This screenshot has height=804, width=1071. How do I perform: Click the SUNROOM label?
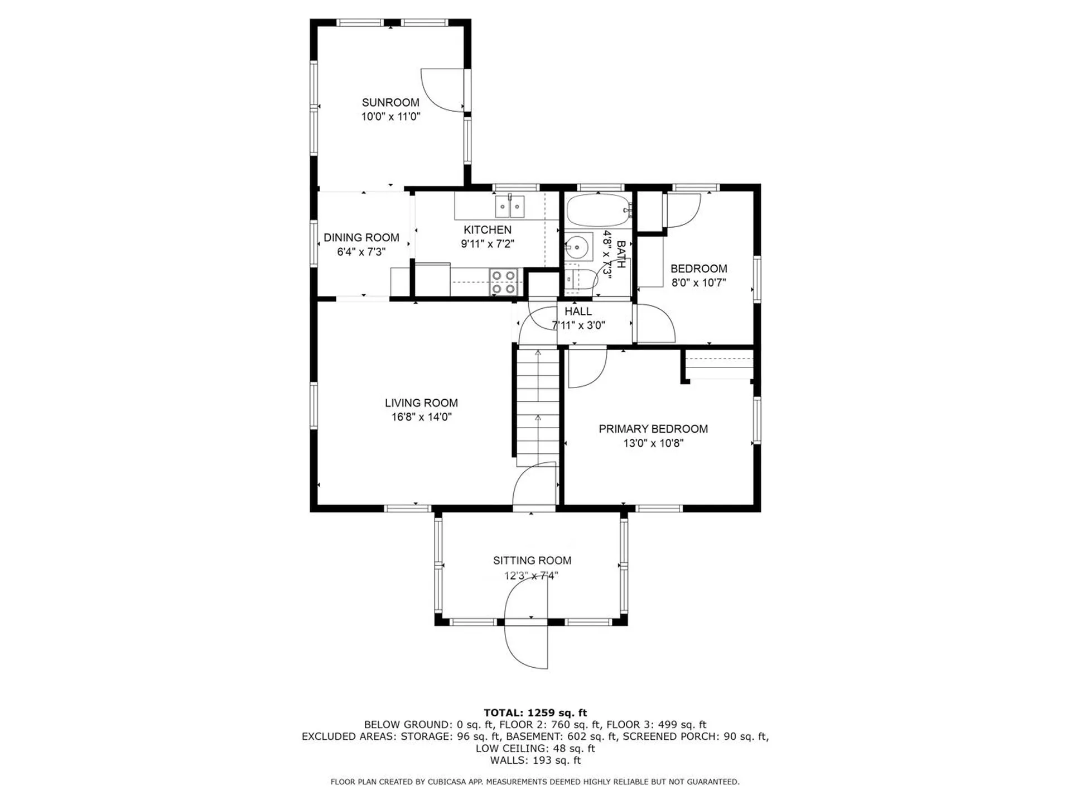(390, 103)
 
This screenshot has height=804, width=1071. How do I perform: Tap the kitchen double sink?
(510, 207)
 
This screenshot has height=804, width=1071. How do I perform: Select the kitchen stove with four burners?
(503, 282)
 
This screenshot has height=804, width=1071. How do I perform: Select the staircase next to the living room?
(537, 405)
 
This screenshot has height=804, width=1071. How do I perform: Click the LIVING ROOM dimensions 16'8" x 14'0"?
(421, 417)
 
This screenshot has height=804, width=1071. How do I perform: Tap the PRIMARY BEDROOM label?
(653, 429)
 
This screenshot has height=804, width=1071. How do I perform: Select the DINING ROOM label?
(361, 238)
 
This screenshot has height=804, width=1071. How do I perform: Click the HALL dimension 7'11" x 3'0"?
(578, 326)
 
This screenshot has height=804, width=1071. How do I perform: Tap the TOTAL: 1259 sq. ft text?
(535, 712)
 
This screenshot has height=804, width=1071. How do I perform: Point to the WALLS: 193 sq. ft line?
(535, 760)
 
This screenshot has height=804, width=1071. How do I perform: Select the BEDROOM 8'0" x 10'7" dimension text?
(698, 283)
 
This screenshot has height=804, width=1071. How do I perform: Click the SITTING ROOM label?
(532, 561)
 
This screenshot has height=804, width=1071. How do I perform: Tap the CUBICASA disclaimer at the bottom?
(535, 782)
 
